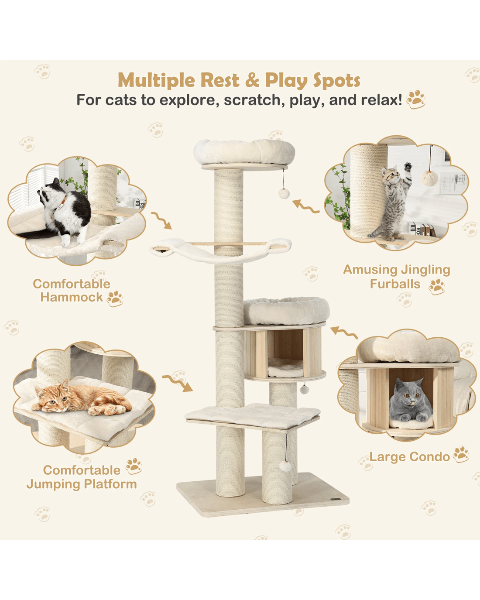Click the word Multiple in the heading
(156, 80)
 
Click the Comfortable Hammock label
(72, 291)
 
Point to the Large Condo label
(409, 457)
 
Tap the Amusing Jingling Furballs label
(397, 277)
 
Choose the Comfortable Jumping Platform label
(82, 477)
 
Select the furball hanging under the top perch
(284, 193)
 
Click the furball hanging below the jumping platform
(285, 466)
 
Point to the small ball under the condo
(305, 389)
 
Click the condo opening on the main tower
(285, 353)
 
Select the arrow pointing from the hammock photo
(161, 220)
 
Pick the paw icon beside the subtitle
(415, 99)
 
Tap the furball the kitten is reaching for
(429, 178)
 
